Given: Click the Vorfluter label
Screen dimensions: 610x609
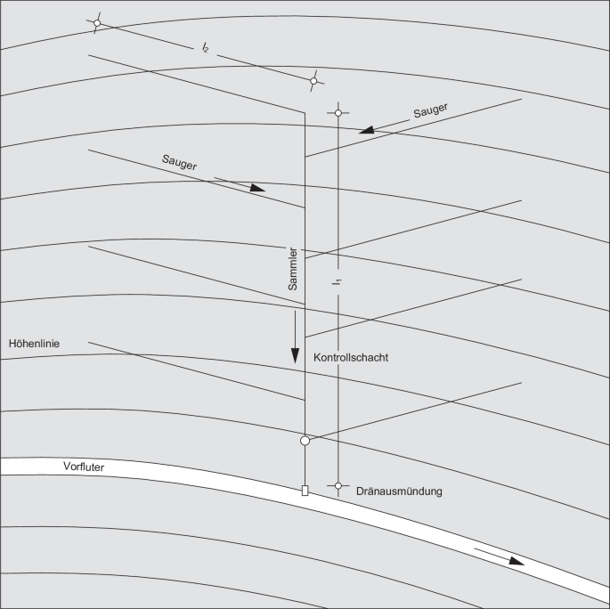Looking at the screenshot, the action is click(84, 467).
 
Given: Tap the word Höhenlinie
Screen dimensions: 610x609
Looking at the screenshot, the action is click(34, 344).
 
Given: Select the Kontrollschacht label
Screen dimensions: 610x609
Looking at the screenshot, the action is click(351, 357).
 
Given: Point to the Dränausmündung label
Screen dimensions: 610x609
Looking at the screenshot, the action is click(399, 491).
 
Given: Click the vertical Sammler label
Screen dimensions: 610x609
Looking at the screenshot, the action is click(293, 269).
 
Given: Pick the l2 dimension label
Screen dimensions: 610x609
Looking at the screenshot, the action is click(205, 48).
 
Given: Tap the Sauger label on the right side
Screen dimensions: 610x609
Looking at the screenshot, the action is click(430, 110).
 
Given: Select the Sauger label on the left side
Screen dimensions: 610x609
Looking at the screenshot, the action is click(179, 162).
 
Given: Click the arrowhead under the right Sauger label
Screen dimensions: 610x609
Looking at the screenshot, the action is click(367, 130).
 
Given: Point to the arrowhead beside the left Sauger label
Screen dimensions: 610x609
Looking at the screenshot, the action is click(257, 188).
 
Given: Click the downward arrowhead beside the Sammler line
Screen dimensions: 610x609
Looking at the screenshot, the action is click(296, 356).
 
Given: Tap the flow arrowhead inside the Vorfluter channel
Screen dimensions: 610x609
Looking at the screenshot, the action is click(516, 561).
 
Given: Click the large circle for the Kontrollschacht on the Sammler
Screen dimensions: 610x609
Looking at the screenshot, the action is click(305, 441).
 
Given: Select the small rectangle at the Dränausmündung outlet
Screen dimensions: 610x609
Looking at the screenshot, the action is click(305, 491).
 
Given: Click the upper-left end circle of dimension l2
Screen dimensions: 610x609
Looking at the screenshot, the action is click(97, 23).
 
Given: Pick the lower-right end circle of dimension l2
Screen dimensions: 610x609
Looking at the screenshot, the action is click(313, 81).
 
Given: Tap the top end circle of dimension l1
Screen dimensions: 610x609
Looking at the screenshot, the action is click(338, 113).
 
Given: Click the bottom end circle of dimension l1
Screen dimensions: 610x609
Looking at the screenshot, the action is click(338, 486).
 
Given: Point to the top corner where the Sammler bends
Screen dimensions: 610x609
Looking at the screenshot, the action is click(305, 113).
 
